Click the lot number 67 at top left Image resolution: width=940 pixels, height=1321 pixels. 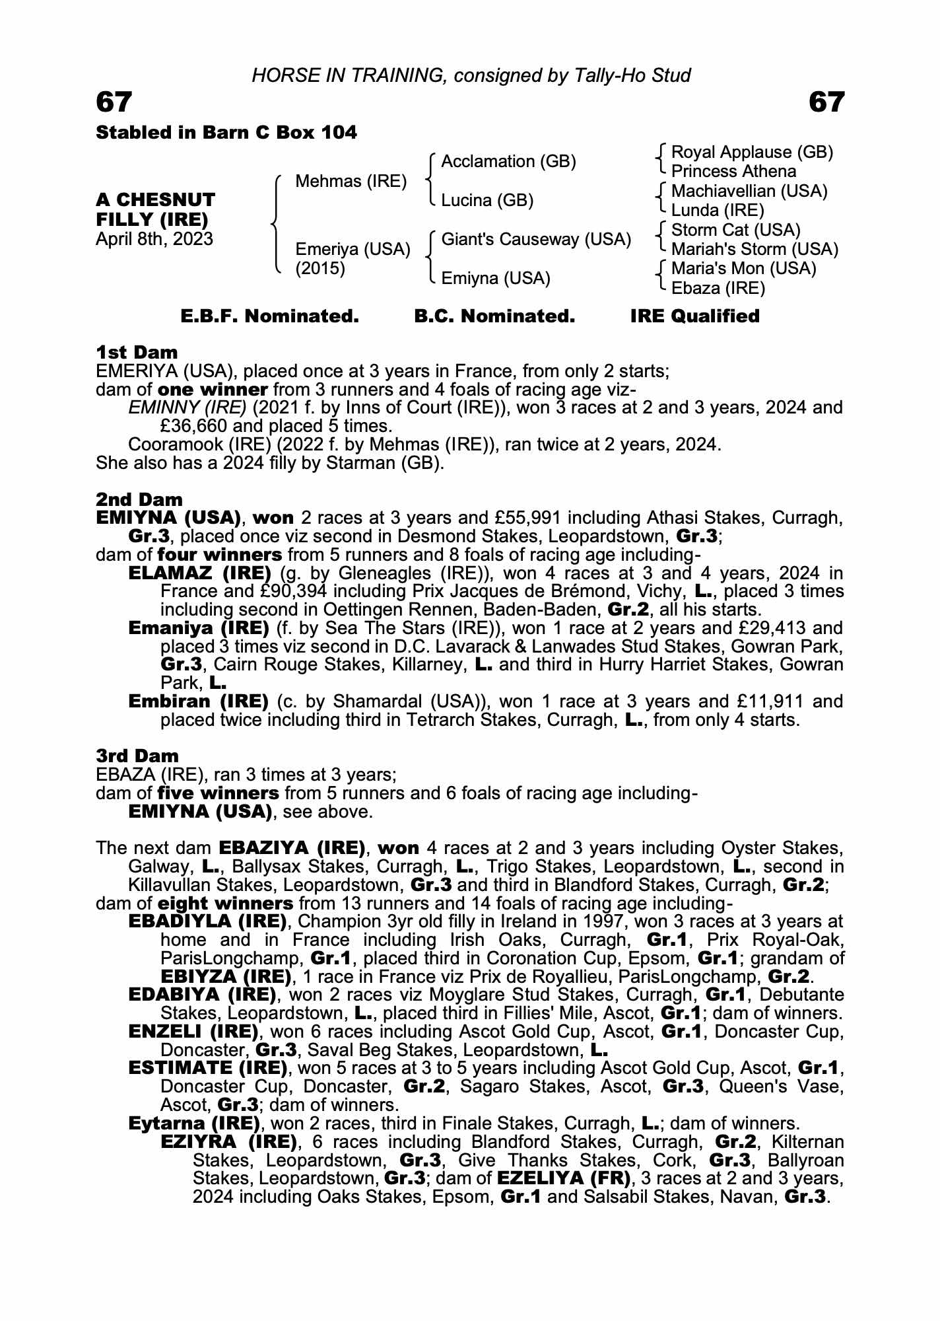114,102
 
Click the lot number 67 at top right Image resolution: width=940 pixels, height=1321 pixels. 826,102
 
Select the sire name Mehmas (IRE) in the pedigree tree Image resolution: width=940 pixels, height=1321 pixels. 351,181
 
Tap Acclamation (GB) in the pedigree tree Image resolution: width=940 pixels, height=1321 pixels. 508,161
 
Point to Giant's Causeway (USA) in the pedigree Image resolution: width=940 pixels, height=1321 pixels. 536,239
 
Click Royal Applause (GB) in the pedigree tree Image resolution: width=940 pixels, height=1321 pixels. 752,152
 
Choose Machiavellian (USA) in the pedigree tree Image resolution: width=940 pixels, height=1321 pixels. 749,191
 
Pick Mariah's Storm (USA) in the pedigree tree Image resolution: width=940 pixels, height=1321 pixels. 755,249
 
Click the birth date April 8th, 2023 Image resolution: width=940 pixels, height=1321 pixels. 154,239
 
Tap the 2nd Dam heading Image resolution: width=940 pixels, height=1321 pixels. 139,499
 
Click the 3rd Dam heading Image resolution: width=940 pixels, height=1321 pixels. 137,756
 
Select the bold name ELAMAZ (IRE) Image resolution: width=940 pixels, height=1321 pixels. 199,573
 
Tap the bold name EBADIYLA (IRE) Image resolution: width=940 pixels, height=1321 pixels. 207,921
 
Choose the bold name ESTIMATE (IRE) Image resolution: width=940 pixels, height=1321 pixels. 207,1068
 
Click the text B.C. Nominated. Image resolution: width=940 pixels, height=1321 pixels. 494,316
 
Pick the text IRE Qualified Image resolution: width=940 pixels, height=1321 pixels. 694,316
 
